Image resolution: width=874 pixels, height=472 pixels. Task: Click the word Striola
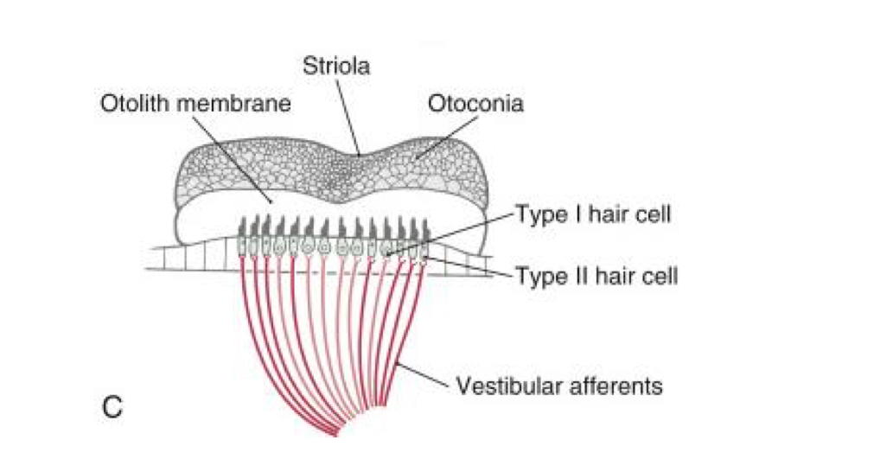(x=336, y=66)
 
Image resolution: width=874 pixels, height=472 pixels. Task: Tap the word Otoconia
(x=475, y=105)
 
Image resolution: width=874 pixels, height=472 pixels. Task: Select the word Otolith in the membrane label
(x=136, y=105)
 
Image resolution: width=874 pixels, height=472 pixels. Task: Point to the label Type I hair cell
(x=593, y=214)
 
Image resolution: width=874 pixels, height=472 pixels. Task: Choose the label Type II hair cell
(x=596, y=277)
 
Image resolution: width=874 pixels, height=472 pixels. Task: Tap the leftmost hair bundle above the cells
(x=242, y=226)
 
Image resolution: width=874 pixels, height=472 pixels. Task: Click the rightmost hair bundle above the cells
(x=424, y=226)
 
